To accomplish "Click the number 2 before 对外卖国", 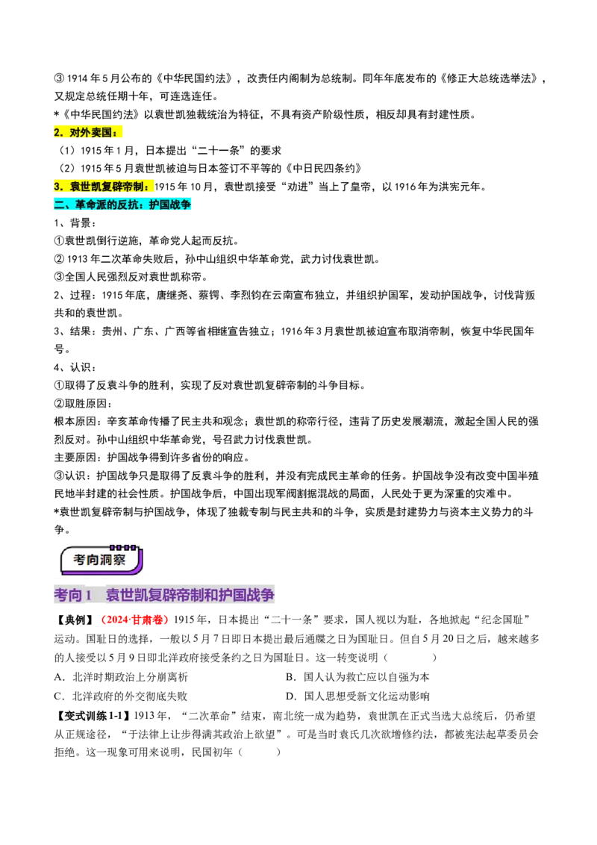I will (57, 133).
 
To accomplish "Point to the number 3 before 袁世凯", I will (57, 186).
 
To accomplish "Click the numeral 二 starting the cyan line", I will (59, 205).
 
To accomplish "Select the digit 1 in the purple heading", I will (88, 596).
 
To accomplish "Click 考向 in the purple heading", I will (68, 596).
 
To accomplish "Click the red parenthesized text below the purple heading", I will (137, 620).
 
